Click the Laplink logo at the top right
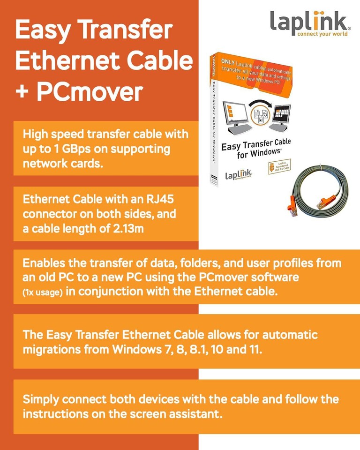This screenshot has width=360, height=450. (310, 23)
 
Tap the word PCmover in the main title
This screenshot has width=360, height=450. (89, 92)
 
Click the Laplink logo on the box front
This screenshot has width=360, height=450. (239, 175)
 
